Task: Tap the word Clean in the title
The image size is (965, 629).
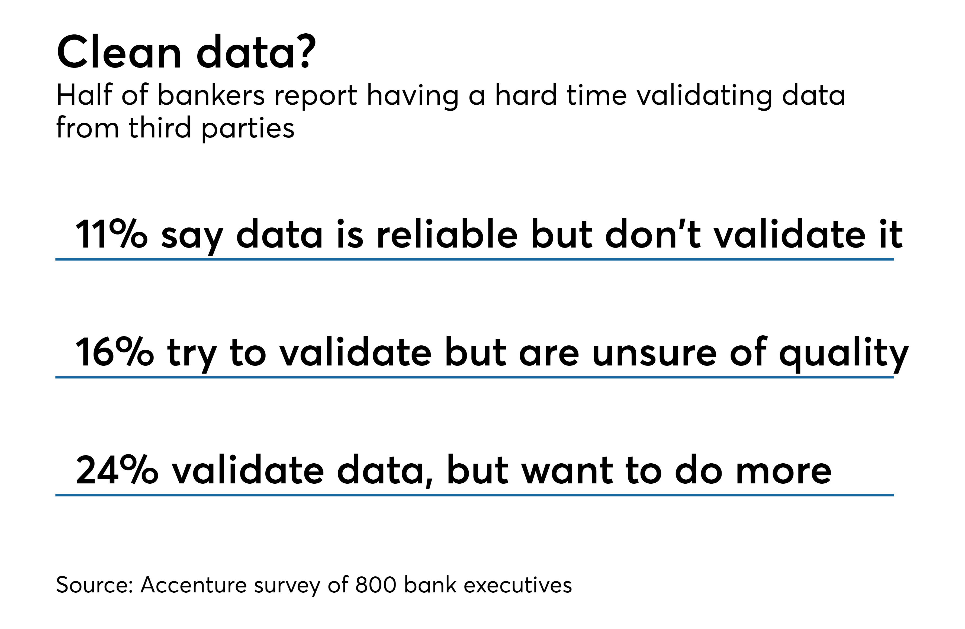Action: point(119,52)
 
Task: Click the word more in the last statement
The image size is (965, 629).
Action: point(783,472)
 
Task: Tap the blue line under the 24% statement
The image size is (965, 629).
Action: point(474,495)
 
